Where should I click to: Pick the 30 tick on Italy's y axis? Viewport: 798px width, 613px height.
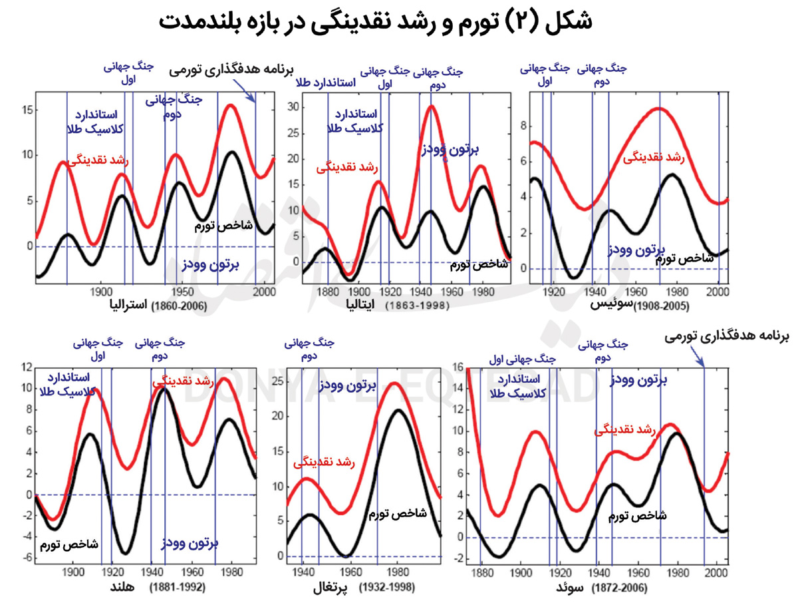291,106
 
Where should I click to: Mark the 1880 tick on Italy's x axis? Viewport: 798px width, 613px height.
327,292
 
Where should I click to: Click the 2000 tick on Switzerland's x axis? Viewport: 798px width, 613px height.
718,292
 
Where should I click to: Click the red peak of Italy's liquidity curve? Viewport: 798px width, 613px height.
432,106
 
